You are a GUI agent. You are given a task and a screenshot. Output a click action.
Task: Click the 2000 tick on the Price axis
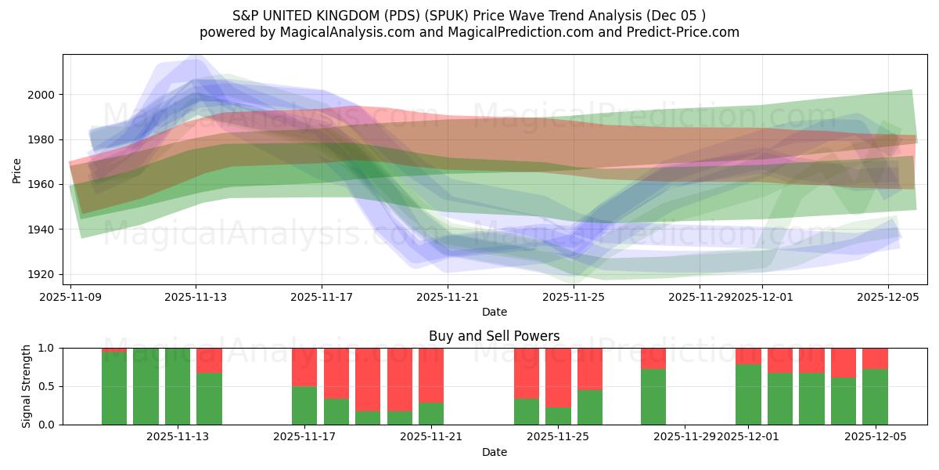point(44,95)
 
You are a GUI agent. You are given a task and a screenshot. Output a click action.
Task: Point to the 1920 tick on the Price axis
point(44,274)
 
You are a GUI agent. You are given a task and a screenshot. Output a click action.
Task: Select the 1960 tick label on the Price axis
point(44,185)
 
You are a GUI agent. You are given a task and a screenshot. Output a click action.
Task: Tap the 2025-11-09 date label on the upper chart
point(71,298)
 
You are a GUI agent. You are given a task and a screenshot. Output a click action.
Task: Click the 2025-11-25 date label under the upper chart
point(574,298)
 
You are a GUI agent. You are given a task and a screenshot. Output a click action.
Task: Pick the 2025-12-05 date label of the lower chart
point(875,437)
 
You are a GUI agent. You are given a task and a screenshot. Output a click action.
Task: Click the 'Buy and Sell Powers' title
point(494,336)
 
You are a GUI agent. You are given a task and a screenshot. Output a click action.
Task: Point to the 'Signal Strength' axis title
point(27,386)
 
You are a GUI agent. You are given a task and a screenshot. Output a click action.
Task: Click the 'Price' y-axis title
point(17,170)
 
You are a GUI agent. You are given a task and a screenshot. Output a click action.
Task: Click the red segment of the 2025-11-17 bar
point(304,367)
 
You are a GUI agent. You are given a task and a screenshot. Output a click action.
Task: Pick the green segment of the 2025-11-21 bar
point(431,414)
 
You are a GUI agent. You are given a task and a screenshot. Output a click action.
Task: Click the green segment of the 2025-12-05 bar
point(875,397)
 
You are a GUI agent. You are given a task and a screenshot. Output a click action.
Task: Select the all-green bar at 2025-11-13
point(178,386)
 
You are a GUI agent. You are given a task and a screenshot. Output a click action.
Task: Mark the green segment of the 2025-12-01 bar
point(748,395)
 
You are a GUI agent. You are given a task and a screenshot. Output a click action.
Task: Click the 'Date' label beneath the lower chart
point(494,452)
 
